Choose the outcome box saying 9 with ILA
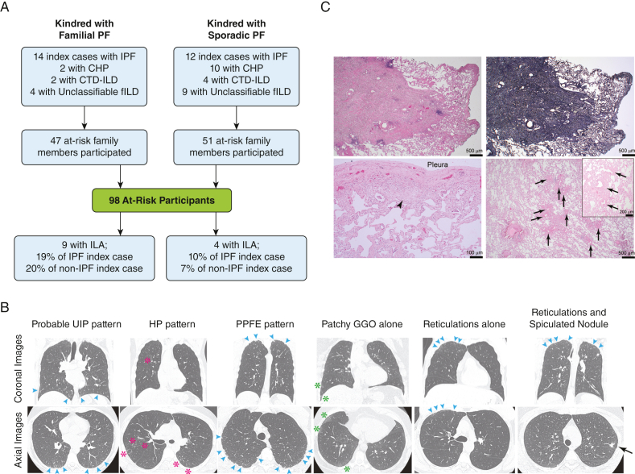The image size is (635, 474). coord(77,256)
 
